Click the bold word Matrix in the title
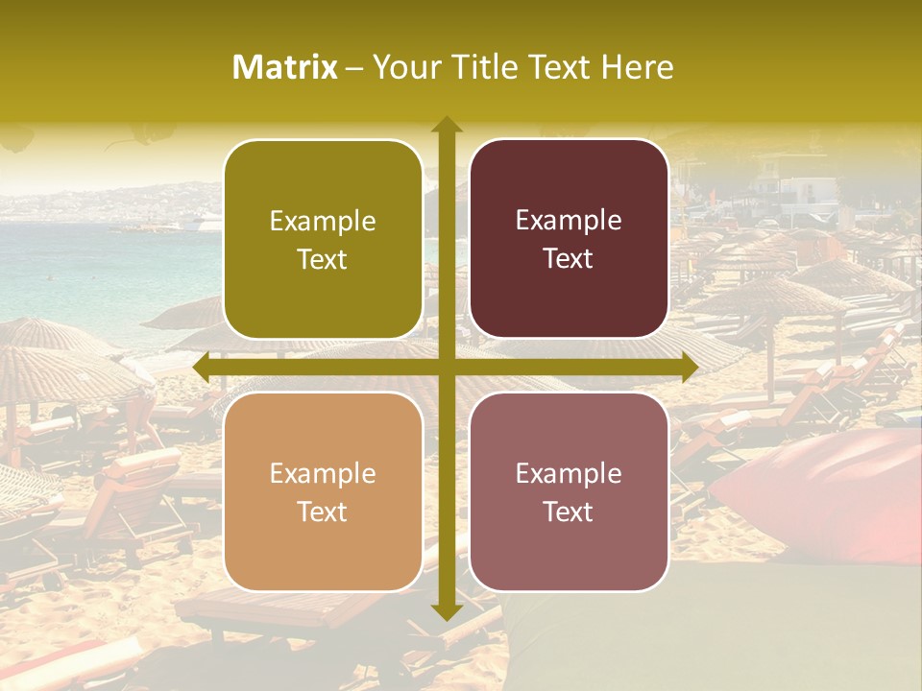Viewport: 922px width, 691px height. coord(285,67)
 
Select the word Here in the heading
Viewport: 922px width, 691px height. coord(637,67)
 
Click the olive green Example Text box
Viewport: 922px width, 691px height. coord(323,240)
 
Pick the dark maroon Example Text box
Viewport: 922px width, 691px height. coord(569,239)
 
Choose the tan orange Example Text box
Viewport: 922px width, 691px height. coord(323,492)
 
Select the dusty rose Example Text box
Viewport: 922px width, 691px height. coord(569,492)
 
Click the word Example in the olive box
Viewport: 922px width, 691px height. coord(323,222)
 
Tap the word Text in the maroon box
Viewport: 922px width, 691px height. coord(569,259)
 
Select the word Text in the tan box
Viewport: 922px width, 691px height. coord(323,512)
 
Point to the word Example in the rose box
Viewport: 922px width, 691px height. coord(569,473)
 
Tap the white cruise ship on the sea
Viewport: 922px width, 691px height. coord(206,226)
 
